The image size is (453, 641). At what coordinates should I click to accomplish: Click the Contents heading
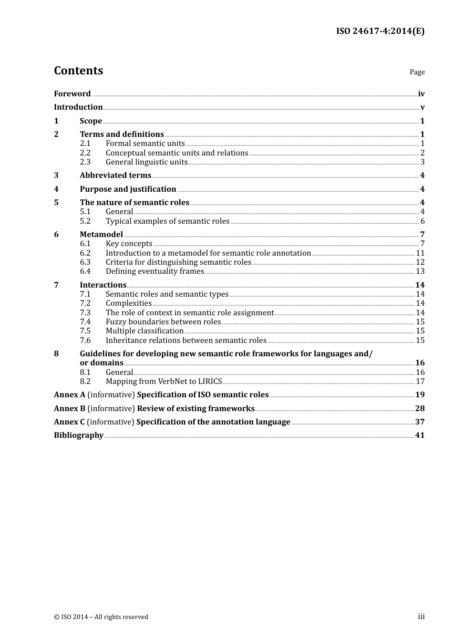tap(78, 71)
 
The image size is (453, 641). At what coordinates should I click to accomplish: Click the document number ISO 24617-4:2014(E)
tap(380, 31)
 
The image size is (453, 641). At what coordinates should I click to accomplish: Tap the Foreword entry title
tap(72, 93)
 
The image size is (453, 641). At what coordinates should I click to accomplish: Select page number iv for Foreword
tap(421, 93)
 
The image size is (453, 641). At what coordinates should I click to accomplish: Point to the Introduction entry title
tap(78, 107)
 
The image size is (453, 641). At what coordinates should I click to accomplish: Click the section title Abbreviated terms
tap(115, 175)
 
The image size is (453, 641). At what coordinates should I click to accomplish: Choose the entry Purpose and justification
tap(128, 189)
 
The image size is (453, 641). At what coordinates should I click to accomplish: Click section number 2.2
tap(85, 153)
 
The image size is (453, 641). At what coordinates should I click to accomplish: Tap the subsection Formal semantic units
tap(145, 143)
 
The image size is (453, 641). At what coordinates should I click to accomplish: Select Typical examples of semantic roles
tap(167, 221)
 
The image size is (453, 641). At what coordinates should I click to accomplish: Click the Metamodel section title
tap(101, 234)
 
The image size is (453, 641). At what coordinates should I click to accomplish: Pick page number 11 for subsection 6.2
tap(420, 253)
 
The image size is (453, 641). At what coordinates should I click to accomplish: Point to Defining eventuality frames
tap(154, 271)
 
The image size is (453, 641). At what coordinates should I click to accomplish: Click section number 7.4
tap(85, 321)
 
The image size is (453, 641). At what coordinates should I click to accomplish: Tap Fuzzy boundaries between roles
tap(163, 321)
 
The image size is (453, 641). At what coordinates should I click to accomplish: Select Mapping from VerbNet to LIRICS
tap(164, 381)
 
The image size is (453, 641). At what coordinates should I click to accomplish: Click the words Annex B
tap(70, 408)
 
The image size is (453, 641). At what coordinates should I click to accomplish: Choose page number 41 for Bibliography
tap(420, 435)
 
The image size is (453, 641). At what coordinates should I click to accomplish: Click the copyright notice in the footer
tap(101, 617)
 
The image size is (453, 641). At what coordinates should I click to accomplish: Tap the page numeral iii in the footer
tap(421, 616)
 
